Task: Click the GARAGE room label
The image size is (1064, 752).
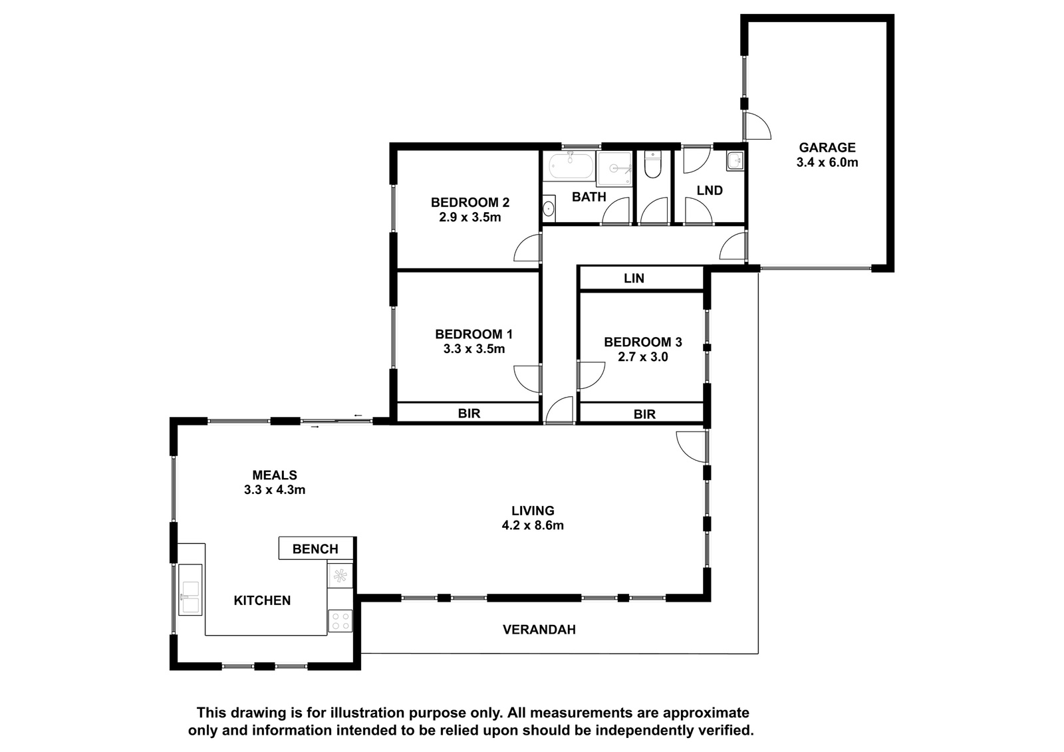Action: tap(827, 147)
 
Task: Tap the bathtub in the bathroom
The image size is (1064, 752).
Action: tap(571, 166)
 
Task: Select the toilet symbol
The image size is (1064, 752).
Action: tap(652, 165)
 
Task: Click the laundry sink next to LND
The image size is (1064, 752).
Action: tap(735, 161)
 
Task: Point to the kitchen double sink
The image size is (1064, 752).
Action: tap(190, 590)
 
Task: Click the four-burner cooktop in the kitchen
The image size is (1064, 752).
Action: tap(340, 620)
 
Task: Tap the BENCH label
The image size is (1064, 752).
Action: tap(315, 549)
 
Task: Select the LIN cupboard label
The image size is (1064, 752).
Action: tap(634, 279)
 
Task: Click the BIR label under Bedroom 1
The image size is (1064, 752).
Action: tap(469, 414)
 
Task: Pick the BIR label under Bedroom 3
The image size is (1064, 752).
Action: tap(644, 414)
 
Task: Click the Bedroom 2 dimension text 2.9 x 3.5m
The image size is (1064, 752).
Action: tap(470, 217)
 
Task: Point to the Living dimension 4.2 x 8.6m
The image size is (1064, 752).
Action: tap(533, 525)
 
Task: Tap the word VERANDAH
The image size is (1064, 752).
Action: tap(539, 630)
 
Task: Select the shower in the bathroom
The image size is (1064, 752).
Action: tap(614, 169)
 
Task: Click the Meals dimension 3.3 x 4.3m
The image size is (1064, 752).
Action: tap(275, 490)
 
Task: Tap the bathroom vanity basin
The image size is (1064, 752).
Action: tap(549, 207)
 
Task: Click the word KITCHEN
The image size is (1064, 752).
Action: tap(262, 600)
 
